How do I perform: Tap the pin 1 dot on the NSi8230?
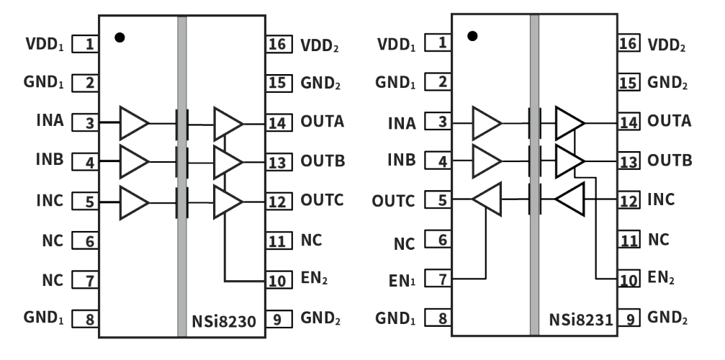point(120,37)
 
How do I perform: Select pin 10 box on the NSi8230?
point(276,280)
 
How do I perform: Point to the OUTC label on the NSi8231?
point(395,200)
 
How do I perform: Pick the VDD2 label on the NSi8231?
point(667,45)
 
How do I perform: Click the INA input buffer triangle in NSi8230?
point(134,123)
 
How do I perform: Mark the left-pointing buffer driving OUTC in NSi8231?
point(486,199)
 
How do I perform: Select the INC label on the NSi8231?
point(661,199)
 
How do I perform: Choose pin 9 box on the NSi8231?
point(629,318)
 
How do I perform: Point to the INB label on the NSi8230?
point(49,160)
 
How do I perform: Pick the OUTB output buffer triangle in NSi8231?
point(569,161)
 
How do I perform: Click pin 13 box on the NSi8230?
point(276,161)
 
